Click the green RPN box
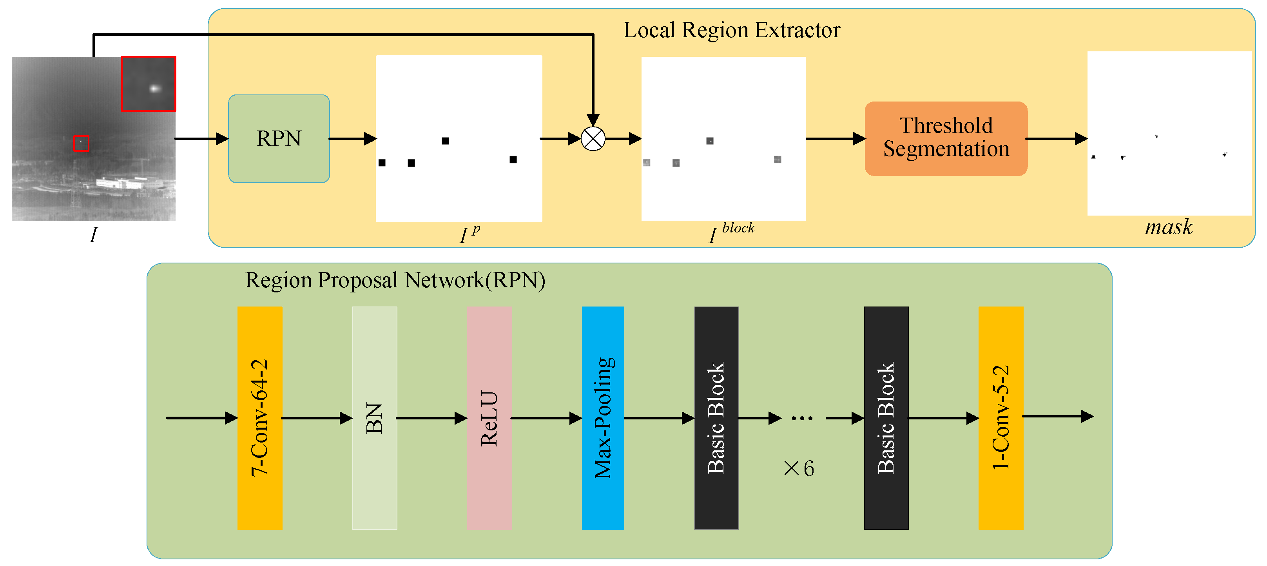pos(279,139)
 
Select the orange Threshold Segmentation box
pos(946,138)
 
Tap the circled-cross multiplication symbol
pos(593,139)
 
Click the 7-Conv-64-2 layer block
pos(260,418)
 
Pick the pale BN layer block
pos(374,418)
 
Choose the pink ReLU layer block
pos(489,418)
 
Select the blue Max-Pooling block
pos(603,418)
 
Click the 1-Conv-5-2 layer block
pos(1001,418)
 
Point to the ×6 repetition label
pos(799,468)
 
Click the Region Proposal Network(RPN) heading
pos(395,280)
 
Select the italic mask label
pos(1169,227)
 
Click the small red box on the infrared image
pos(81,143)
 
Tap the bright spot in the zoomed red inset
pos(155,89)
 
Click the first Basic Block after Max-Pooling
pos(716,418)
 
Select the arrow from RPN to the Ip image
pos(352,139)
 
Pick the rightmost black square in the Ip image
pos(513,159)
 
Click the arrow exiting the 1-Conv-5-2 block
pos(1057,417)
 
